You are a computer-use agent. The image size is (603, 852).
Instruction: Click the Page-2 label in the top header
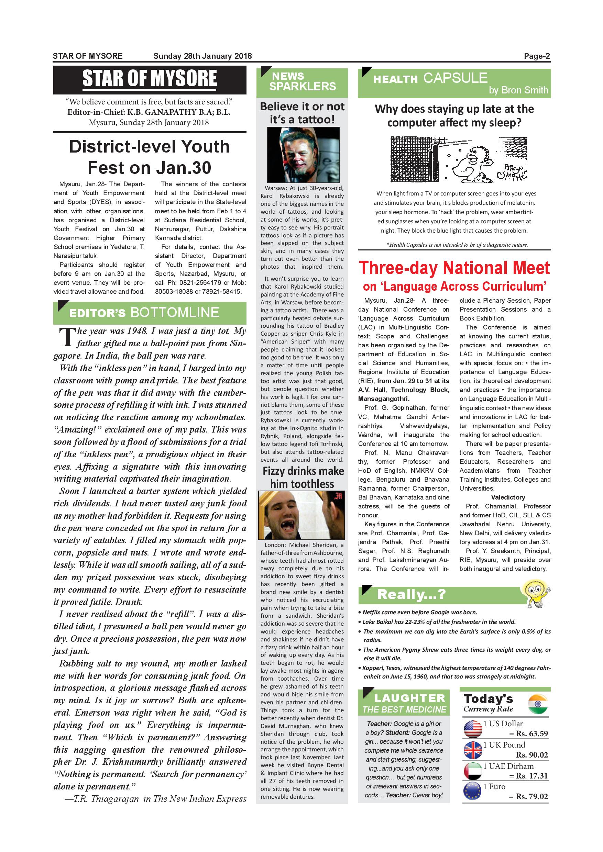point(537,56)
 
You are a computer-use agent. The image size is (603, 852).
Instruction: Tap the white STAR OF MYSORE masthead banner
point(150,79)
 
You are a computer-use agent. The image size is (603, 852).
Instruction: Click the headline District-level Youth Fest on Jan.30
point(149,157)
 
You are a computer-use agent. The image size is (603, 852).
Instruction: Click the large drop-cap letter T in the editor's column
point(67,337)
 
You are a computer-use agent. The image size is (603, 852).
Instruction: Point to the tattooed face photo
point(303,154)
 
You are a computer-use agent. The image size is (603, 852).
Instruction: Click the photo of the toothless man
point(301,515)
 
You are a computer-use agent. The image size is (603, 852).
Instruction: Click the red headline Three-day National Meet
point(454,268)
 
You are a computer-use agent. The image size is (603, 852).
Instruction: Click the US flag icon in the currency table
point(473,729)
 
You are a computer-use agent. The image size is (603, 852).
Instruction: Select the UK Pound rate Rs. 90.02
point(532,755)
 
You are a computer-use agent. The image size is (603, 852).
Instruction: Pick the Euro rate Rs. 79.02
point(532,796)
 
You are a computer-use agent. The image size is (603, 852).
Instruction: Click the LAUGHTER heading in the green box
point(409,698)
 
